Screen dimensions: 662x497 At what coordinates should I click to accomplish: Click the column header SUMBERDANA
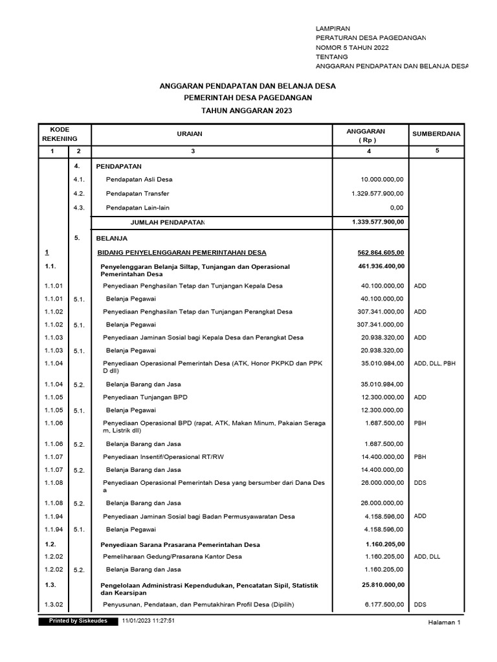[436, 134]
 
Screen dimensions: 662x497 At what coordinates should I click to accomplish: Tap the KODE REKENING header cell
[60, 134]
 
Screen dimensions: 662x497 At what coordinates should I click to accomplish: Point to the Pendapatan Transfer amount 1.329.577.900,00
[378, 193]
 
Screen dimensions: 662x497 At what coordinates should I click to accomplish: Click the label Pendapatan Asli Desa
[139, 179]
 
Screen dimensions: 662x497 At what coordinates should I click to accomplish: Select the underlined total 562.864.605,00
[381, 252]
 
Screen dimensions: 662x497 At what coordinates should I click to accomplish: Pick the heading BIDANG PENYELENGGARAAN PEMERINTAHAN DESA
[181, 252]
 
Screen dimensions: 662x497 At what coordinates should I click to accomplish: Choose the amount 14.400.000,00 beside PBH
[382, 456]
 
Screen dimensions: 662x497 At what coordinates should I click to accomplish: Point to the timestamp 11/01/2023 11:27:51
[148, 621]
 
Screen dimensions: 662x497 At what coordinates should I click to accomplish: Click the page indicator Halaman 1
[444, 623]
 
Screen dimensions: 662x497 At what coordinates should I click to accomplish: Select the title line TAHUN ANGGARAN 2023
[247, 111]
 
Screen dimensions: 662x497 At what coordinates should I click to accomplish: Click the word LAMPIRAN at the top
[333, 29]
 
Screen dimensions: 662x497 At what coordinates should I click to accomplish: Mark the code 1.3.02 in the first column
[54, 604]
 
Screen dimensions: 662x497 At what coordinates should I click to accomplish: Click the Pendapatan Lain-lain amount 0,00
[396, 208]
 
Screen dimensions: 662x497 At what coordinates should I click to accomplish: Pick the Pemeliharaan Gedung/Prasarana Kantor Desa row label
[172, 557]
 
